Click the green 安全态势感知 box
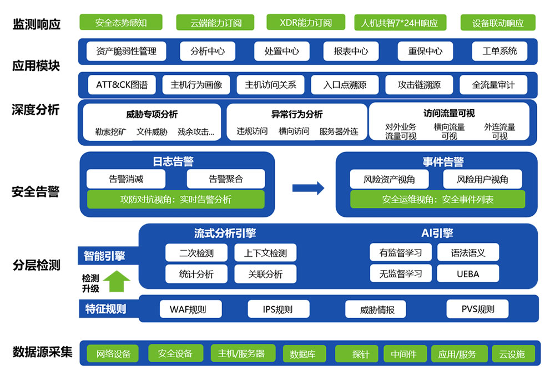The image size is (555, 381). point(120,22)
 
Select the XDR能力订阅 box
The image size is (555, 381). point(305,22)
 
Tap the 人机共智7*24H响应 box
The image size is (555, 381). point(400,23)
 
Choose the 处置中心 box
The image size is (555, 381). point(282,51)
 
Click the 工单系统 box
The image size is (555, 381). point(500,51)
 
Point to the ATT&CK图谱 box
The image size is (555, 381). point(122,85)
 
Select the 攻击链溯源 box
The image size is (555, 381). point(419,85)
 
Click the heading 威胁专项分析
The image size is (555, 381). point(152,114)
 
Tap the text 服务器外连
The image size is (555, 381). point(339,131)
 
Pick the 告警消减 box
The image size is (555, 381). point(126,179)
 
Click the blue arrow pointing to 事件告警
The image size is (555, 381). point(308,188)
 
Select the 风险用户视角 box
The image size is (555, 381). point(482,179)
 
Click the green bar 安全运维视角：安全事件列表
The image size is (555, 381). point(437,200)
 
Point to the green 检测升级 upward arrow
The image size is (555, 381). point(117,281)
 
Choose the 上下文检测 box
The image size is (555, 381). point(265,253)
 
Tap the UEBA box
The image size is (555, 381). point(468,274)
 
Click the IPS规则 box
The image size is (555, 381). point(278,309)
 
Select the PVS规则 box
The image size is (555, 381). point(477,309)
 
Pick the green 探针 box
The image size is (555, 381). point(357,354)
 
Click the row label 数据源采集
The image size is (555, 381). point(43,352)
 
